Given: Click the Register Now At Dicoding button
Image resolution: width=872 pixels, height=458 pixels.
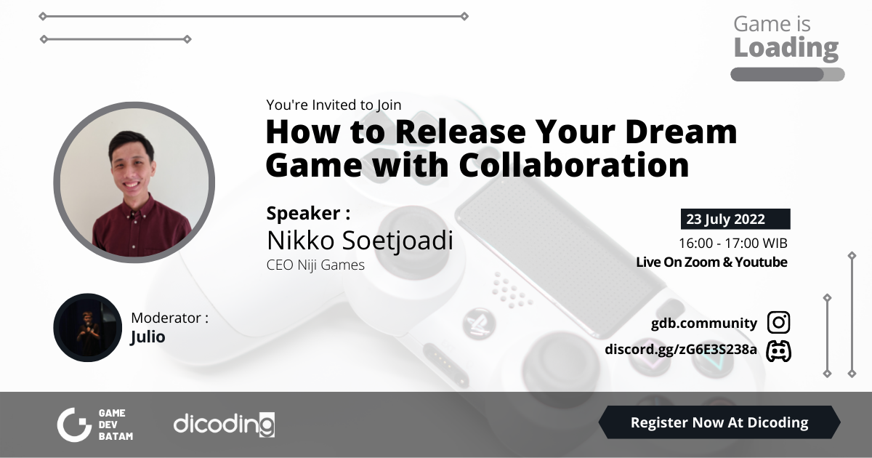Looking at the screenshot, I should tap(719, 422).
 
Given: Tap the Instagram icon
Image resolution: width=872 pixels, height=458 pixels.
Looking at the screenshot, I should tap(778, 323).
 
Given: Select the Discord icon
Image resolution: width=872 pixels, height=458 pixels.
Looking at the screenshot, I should tap(778, 350).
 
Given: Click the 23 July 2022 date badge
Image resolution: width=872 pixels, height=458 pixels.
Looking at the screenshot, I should tap(735, 220).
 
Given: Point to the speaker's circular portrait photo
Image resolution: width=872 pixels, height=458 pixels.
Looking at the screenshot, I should tap(134, 182).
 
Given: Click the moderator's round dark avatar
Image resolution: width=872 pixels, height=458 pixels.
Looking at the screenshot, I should tap(87, 327).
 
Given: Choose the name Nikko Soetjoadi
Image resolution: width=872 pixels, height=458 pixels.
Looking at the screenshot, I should tap(360, 240).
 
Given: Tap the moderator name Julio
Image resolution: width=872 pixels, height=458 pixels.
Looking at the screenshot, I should tap(148, 337).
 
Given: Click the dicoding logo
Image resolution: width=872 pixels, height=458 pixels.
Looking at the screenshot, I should tap(224, 424).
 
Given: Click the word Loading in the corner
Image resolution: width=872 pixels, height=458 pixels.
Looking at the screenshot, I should tap(786, 48).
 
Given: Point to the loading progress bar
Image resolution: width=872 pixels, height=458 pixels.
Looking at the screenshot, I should tap(787, 74).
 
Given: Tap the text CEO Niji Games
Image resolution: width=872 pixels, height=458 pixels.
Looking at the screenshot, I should tap(315, 265).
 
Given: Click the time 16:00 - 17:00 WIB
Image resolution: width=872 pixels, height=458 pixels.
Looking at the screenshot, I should tap(733, 243).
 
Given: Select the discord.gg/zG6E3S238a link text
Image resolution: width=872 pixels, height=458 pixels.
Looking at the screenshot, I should tap(681, 350).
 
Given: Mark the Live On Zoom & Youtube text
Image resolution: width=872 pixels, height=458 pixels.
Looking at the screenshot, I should tap(711, 262).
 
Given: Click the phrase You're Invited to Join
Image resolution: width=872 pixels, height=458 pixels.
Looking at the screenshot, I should tap(334, 105).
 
